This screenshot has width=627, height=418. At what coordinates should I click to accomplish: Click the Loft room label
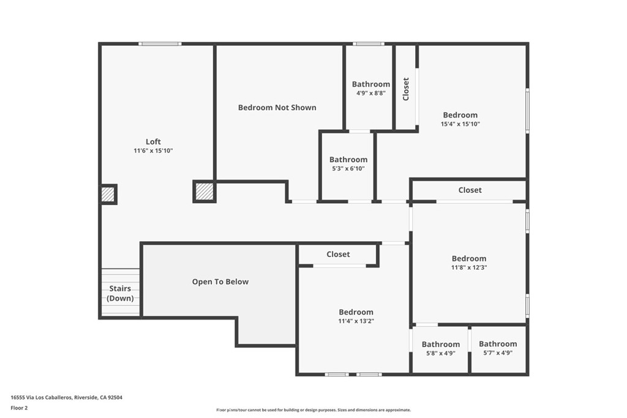[153, 141]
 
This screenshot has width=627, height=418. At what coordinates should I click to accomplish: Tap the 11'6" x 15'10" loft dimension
[153, 151]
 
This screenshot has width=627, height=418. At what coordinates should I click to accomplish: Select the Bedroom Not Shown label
[277, 108]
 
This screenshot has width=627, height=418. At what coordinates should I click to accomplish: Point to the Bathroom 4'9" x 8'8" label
[371, 88]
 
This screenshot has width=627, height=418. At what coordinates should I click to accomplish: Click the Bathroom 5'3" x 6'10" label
[348, 163]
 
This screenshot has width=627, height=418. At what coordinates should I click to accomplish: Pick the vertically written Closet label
[406, 89]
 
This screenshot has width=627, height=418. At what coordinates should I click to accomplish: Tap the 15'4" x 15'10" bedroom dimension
[460, 124]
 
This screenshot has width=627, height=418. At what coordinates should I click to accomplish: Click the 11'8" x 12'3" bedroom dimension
[469, 267]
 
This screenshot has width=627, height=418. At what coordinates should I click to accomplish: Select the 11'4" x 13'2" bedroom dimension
[356, 321]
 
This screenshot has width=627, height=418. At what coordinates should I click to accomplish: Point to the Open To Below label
[220, 282]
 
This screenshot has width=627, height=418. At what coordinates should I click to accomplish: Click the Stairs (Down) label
[120, 293]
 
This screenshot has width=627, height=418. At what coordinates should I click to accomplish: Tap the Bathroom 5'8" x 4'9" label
[441, 348]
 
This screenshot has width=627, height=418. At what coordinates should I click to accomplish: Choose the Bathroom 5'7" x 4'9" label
[498, 348]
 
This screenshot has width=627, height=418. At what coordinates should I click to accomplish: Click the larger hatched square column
[205, 192]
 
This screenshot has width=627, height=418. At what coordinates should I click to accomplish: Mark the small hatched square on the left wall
[108, 195]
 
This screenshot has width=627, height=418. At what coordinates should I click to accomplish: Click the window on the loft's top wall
[160, 43]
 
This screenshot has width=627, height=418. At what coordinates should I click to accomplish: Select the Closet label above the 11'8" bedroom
[470, 190]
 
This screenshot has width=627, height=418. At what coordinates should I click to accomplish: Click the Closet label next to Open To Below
[338, 254]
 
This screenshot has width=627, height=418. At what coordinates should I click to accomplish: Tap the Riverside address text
[66, 397]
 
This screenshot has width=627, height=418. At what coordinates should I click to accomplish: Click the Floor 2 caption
[19, 408]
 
